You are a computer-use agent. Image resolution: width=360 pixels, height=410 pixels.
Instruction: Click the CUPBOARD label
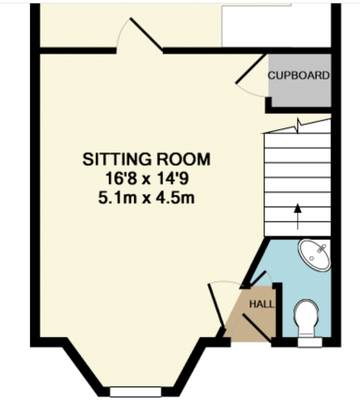click(x=298, y=76)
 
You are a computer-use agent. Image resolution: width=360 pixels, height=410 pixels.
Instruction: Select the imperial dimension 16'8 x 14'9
click(x=147, y=179)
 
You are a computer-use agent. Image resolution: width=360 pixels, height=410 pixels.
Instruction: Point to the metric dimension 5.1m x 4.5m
click(x=146, y=198)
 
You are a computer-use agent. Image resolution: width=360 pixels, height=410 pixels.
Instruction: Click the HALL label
click(x=262, y=304)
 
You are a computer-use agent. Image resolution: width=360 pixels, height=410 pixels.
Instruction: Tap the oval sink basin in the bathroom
click(x=315, y=256)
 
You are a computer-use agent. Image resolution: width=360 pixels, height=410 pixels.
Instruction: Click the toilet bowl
click(x=306, y=317)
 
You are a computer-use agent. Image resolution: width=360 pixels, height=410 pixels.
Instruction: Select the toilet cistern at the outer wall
click(x=310, y=342)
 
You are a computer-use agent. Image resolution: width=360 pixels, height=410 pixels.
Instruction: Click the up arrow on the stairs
click(x=297, y=216)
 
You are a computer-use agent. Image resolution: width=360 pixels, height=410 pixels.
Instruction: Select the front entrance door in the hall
click(x=257, y=328)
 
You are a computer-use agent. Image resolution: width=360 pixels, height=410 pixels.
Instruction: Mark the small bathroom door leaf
click(x=258, y=279)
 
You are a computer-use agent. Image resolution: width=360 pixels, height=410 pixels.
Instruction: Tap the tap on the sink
click(x=322, y=248)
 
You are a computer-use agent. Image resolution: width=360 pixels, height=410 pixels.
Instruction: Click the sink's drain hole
click(x=311, y=259)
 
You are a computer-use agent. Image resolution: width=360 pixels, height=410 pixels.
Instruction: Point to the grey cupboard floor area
click(x=300, y=81)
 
